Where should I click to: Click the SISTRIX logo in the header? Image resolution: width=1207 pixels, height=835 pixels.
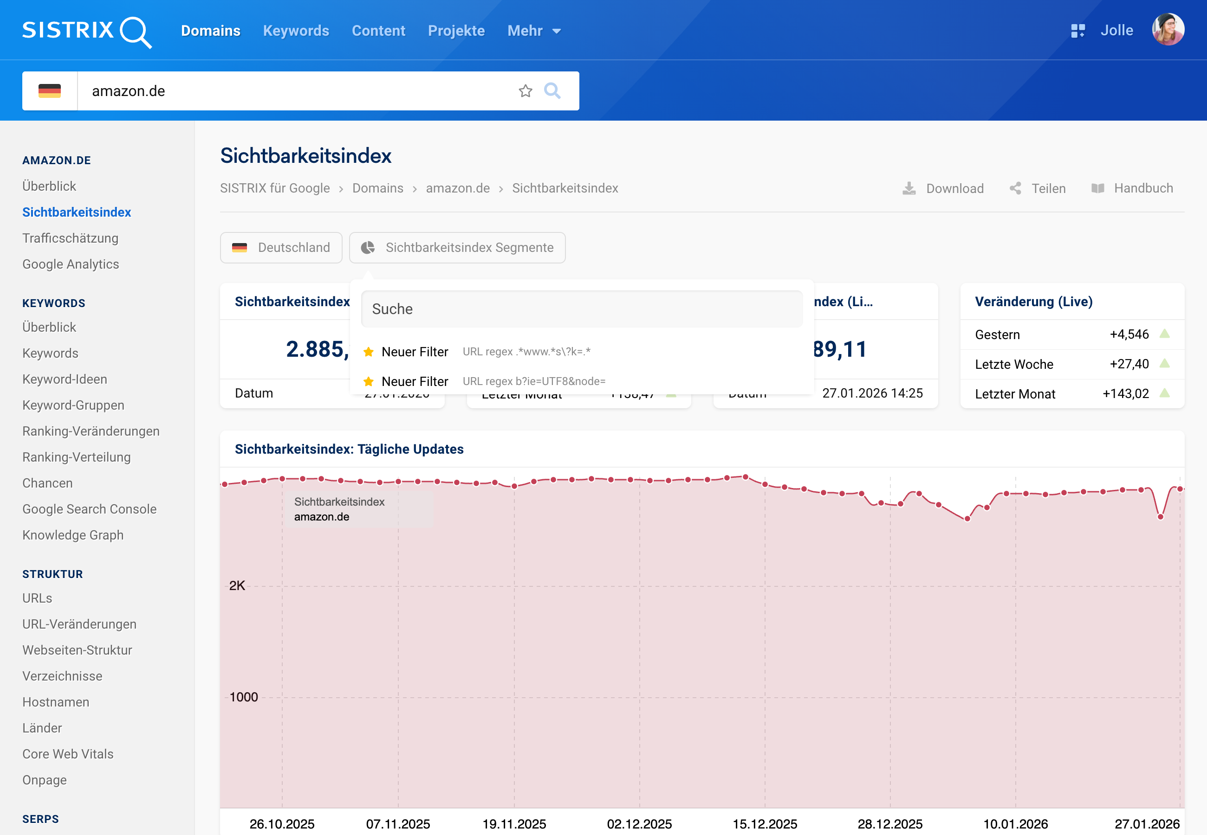pos(86,31)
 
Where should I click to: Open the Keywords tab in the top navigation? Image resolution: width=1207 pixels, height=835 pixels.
pos(296,31)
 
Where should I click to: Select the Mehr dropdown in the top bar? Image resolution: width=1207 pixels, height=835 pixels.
pos(533,31)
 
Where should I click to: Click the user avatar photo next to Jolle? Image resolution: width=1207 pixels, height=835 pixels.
pos(1167,30)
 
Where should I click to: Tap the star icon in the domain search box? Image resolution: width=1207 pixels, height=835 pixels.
pos(525,91)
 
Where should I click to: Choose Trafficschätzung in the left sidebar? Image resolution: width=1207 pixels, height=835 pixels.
pos(70,238)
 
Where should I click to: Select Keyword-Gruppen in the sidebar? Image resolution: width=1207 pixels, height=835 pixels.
pos(73,405)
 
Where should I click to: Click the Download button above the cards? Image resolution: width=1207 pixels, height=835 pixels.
pos(943,188)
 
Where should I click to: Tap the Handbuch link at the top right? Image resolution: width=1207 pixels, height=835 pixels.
pos(1132,188)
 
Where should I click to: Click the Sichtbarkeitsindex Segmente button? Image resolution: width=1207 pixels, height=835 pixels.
pos(457,247)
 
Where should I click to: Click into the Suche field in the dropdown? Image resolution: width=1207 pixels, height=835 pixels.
pos(581,309)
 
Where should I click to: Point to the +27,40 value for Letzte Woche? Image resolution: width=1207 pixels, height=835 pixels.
pos(1129,364)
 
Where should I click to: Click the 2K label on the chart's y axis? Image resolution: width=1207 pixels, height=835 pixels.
pos(237,585)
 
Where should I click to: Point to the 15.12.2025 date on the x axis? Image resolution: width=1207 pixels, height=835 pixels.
pos(764,823)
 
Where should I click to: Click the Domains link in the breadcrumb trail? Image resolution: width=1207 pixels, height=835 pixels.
pos(377,188)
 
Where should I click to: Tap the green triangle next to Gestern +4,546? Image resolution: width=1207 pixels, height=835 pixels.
pos(1164,334)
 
